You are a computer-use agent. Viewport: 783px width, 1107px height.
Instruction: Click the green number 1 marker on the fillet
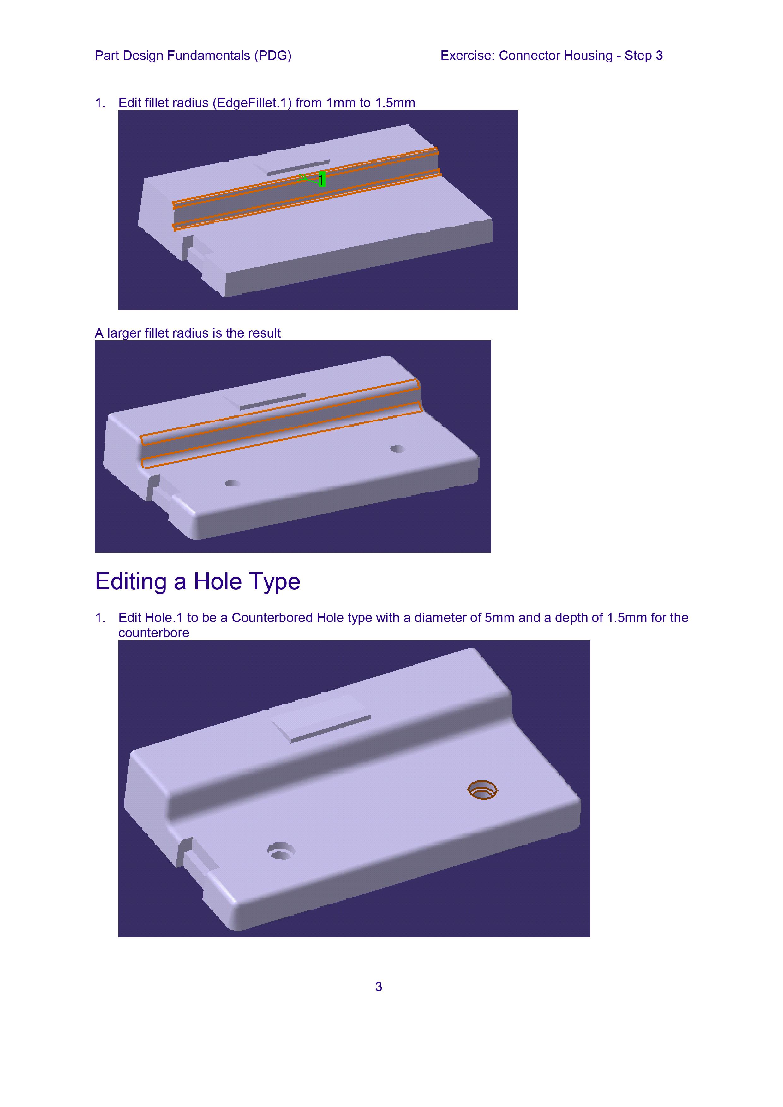[322, 180]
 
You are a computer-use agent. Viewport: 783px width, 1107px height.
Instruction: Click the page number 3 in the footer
[379, 987]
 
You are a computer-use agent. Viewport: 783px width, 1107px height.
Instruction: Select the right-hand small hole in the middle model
[397, 449]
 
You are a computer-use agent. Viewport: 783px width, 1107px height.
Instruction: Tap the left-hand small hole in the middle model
[232, 483]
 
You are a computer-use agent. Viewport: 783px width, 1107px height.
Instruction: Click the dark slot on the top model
[298, 167]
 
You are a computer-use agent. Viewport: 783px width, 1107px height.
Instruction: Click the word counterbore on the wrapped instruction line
[154, 633]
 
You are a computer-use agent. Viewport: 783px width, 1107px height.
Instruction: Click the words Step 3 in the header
[643, 56]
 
